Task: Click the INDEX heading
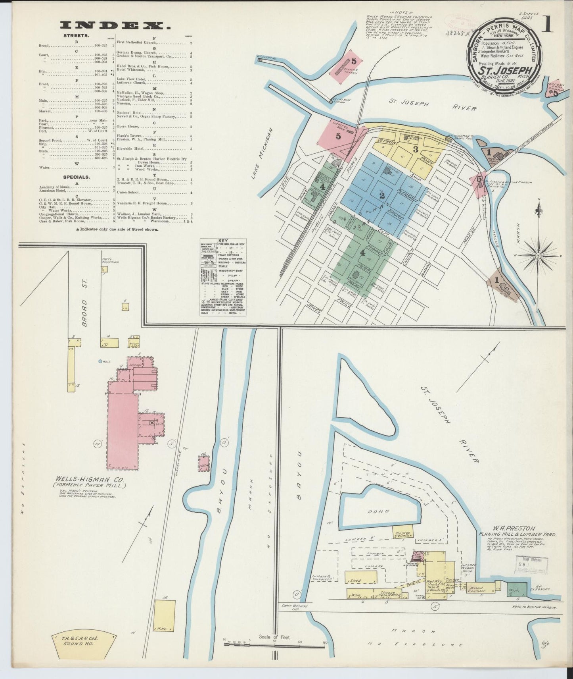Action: (115, 25)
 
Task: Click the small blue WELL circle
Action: (100, 361)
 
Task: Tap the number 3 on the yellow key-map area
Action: (415, 150)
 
